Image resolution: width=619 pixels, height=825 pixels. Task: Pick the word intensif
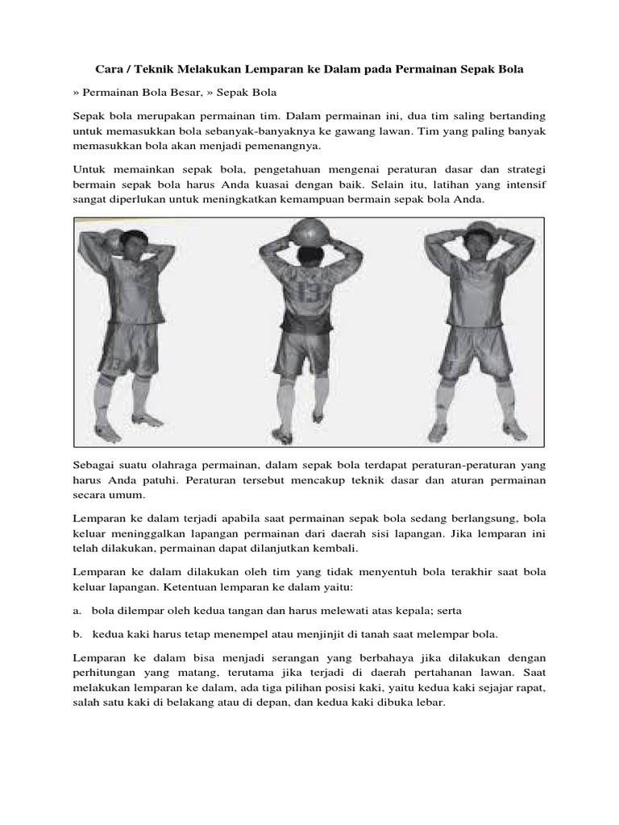click(x=522, y=186)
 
